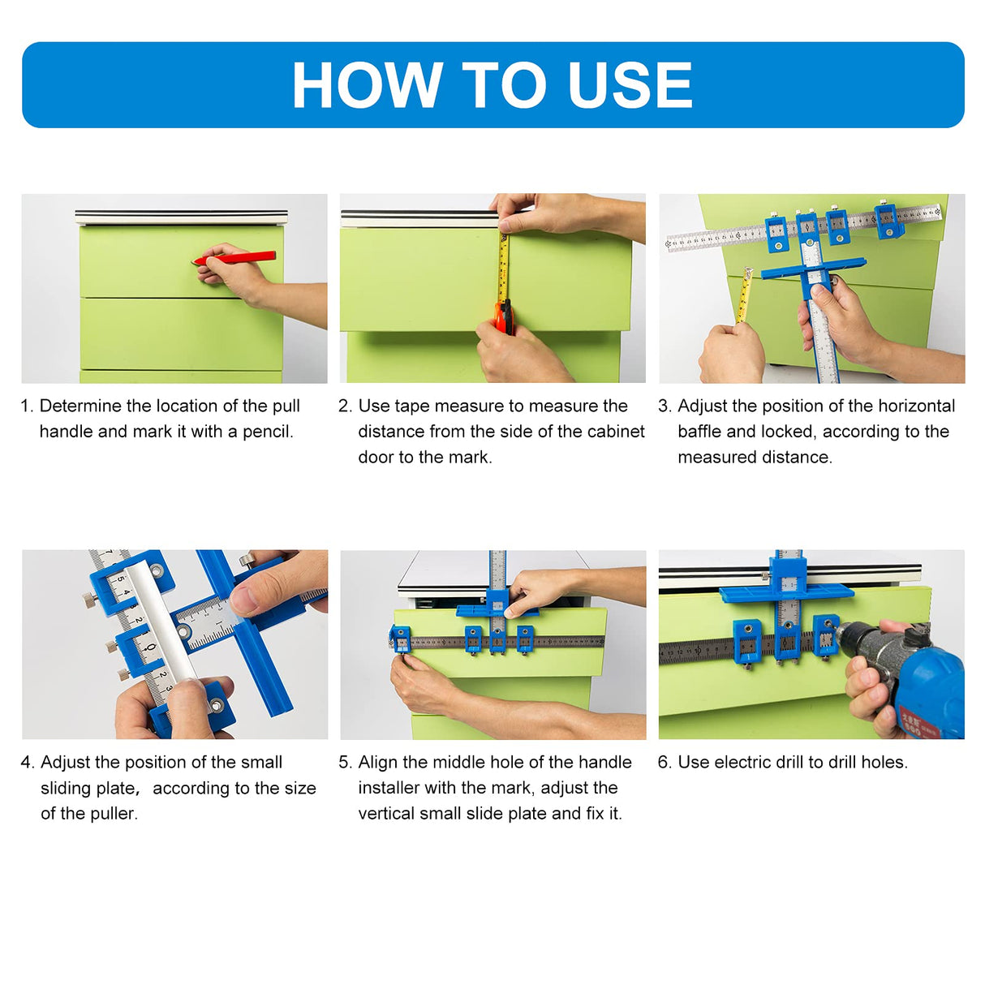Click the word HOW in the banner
coord(367,85)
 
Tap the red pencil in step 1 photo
coord(235,258)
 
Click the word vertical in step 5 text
coord(388,814)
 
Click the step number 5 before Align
coord(344,763)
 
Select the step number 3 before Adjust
coord(664,406)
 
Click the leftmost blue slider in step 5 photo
coord(399,639)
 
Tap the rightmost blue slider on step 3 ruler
coord(886,219)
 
